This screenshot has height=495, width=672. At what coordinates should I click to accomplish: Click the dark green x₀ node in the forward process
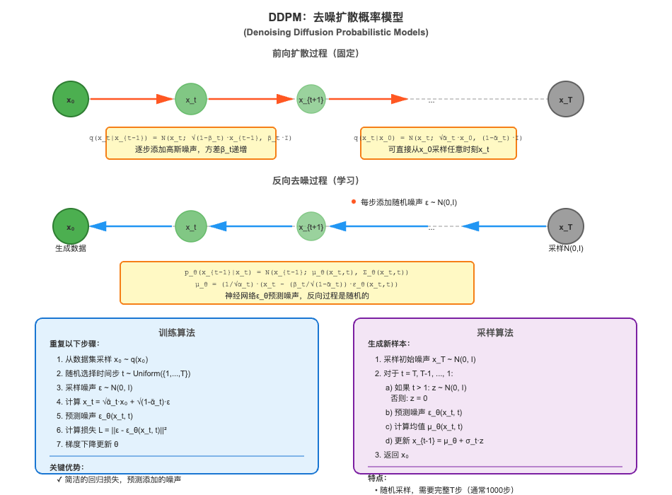[70, 100]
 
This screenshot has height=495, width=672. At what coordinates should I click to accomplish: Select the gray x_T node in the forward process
[565, 100]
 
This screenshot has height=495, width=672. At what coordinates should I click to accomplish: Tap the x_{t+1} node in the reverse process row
[311, 227]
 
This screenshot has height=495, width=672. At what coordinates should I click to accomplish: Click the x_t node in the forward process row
[191, 100]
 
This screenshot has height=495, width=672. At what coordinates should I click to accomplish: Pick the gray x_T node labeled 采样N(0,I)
[565, 227]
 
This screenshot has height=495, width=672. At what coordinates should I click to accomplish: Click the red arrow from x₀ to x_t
[131, 100]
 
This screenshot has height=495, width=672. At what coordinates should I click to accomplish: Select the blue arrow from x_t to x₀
[131, 227]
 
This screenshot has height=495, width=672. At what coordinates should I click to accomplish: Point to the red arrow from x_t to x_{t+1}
[252, 100]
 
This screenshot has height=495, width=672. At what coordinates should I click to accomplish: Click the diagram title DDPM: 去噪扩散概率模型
[336, 17]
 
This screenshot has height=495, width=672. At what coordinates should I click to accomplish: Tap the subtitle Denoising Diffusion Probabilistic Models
[336, 32]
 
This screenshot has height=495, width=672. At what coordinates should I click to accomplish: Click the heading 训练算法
[177, 332]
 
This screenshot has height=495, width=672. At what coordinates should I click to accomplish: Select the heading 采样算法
[495, 332]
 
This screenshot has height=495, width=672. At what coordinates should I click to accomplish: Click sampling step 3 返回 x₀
[396, 455]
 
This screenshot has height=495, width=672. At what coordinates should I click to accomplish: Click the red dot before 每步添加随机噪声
[354, 202]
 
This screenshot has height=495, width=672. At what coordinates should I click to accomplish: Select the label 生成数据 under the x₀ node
[70, 249]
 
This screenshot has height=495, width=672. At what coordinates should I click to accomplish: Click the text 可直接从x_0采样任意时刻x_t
[438, 150]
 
